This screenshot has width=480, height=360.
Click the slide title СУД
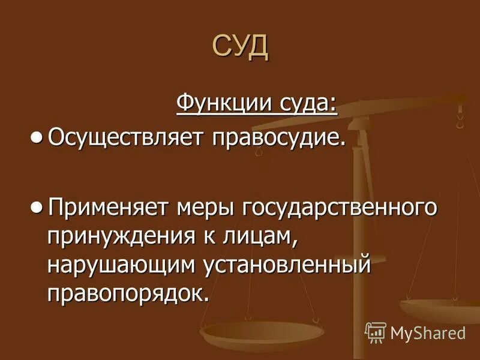(240, 47)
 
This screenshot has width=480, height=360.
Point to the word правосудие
(278, 139)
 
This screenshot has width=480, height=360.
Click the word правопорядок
(129, 292)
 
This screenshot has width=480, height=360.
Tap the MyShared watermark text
(428, 332)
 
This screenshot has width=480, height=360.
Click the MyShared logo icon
(375, 331)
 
